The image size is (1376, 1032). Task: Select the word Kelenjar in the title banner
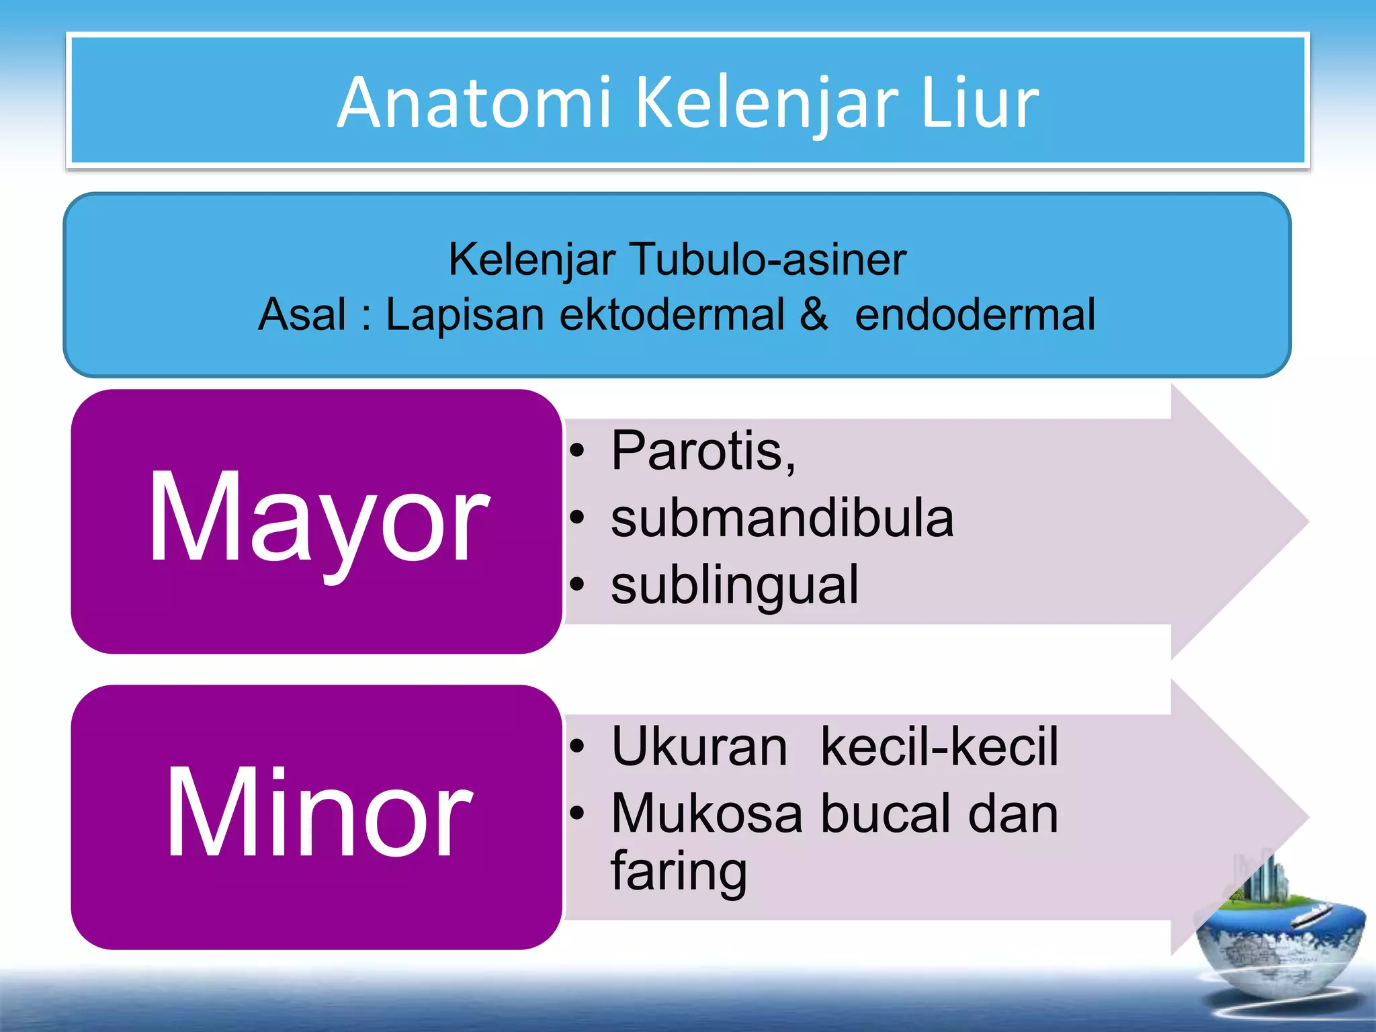pyautogui.click(x=766, y=104)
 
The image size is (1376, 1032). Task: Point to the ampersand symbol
pyautogui.click(x=814, y=314)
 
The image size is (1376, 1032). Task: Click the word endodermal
pyautogui.click(x=975, y=314)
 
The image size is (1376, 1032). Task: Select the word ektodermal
pyautogui.click(x=671, y=314)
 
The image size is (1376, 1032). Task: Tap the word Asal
pyautogui.click(x=302, y=314)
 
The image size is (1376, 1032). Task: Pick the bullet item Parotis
pyautogui.click(x=703, y=451)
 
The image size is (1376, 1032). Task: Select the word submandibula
pyautogui.click(x=782, y=518)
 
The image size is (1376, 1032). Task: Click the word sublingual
pyautogui.click(x=734, y=585)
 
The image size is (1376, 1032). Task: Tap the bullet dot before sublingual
pyautogui.click(x=577, y=585)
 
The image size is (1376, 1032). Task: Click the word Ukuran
pyautogui.click(x=699, y=746)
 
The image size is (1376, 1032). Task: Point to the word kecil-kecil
pyautogui.click(x=939, y=746)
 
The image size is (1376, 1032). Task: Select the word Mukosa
pyautogui.click(x=707, y=814)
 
